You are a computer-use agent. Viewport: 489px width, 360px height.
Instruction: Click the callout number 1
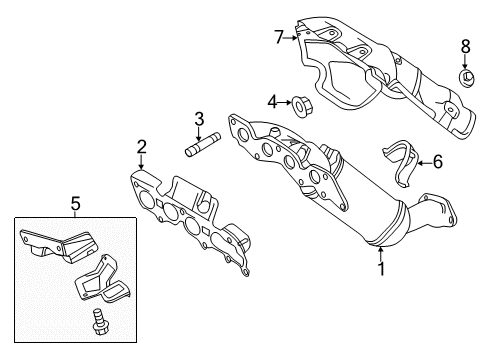(381, 269)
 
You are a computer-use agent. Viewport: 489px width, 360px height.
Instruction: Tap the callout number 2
(142, 147)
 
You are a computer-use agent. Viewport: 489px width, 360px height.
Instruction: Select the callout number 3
(199, 119)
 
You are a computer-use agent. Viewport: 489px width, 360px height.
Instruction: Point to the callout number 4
(272, 102)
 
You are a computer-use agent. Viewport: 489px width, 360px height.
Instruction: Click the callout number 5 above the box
(76, 203)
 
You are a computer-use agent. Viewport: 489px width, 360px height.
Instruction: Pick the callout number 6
(437, 162)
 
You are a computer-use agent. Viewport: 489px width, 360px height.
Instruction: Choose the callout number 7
(279, 37)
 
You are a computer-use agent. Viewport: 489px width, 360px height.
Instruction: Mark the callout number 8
(466, 46)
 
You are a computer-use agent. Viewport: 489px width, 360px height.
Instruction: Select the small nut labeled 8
(467, 77)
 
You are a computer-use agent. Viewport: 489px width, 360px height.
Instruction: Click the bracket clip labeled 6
(401, 163)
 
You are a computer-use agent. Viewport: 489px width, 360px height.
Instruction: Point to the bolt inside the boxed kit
(97, 322)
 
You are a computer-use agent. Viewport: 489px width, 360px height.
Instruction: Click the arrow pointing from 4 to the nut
(285, 103)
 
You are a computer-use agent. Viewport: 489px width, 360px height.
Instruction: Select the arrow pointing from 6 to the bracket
(424, 163)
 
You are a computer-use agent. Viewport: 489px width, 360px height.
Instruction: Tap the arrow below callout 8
(465, 62)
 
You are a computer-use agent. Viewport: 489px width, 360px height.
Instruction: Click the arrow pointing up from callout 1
(381, 253)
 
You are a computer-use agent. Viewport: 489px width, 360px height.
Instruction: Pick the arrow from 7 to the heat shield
(291, 38)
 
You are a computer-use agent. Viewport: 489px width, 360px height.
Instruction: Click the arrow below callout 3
(199, 134)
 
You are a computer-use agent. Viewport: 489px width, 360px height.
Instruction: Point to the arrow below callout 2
(142, 162)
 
